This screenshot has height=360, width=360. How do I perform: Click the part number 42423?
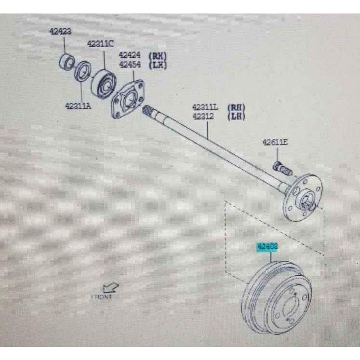click(60, 32)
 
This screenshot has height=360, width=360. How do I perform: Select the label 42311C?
click(100, 44)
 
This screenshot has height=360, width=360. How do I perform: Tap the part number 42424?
click(130, 55)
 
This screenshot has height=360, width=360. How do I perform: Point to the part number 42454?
click(130, 64)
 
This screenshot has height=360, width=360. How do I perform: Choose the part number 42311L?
click(205, 107)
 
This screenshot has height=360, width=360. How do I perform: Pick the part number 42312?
click(203, 116)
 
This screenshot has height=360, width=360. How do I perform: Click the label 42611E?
click(275, 142)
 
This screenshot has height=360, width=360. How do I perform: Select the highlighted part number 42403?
click(267, 247)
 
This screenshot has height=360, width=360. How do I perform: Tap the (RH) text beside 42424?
click(158, 55)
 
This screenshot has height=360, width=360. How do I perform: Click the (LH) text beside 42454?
click(158, 64)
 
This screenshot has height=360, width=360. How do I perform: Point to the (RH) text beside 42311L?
click(236, 107)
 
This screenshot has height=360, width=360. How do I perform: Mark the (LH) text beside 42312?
click(236, 116)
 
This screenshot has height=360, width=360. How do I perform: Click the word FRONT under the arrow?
click(102, 297)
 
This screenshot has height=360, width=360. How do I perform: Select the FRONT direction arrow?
click(111, 288)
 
